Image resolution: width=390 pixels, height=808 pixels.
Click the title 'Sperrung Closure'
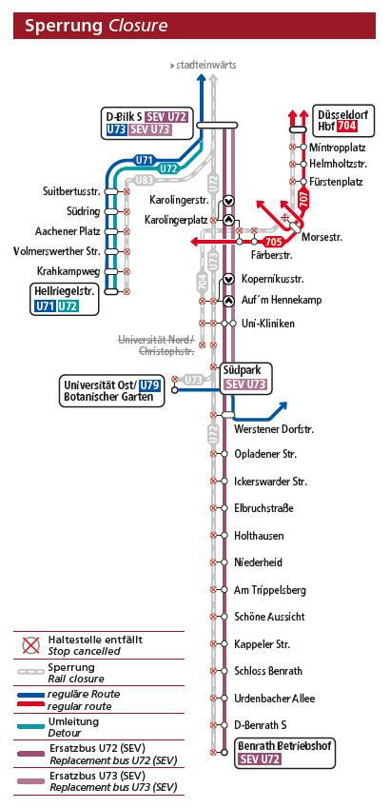click(97, 26)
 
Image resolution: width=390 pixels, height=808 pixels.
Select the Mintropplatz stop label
click(338, 148)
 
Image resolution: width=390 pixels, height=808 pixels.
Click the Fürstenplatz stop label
click(336, 182)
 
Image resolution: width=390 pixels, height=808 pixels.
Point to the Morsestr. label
click(322, 238)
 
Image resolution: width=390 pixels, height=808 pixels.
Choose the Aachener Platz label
click(68, 231)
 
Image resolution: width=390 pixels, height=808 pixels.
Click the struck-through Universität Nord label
click(157, 345)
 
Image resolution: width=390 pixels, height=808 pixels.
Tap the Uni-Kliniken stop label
click(268, 324)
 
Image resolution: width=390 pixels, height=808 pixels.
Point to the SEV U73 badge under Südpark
click(245, 384)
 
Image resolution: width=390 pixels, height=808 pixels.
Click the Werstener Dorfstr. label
click(274, 428)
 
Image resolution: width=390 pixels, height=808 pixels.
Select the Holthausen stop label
click(259, 536)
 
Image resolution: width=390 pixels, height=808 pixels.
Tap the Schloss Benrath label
click(268, 671)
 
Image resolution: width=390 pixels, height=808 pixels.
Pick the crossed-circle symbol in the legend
click(31, 644)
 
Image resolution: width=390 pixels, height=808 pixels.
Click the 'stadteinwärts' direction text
click(206, 66)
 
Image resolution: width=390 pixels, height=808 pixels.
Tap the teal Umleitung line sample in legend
click(30, 726)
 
